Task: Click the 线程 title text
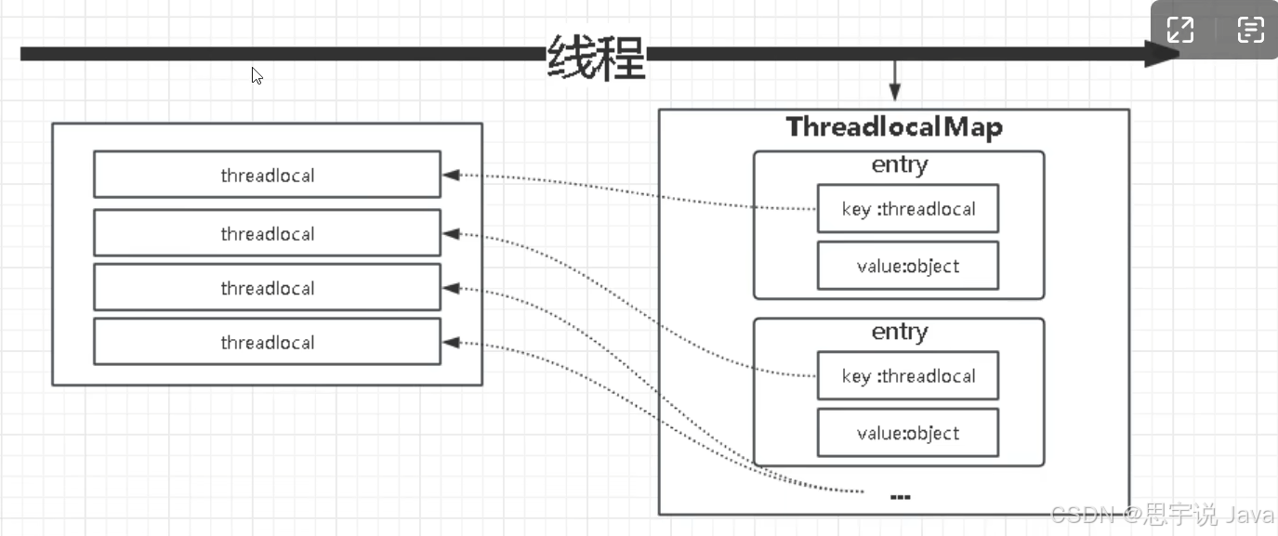click(596, 58)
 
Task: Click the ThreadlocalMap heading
click(894, 126)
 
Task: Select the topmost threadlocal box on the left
click(267, 175)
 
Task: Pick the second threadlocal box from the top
click(267, 233)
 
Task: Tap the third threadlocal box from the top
click(267, 287)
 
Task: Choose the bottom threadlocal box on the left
click(267, 342)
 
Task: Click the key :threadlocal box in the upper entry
click(908, 208)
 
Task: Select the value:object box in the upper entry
click(908, 266)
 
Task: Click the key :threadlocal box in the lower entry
click(908, 375)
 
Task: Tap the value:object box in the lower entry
click(908, 433)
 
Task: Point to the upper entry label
click(899, 165)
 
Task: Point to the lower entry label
click(899, 332)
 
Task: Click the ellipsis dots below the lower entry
click(900, 497)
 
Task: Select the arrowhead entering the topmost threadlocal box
click(451, 175)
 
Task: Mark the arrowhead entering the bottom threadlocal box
click(451, 343)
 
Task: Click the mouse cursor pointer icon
click(257, 76)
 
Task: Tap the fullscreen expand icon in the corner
click(1180, 30)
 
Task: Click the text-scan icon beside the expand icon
click(1250, 30)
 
